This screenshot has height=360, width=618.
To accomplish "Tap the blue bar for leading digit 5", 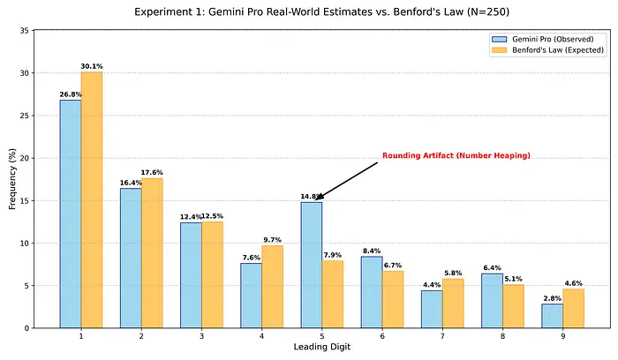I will (x=312, y=265).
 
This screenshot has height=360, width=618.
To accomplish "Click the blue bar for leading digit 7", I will (x=432, y=309).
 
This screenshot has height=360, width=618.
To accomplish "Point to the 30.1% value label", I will (x=92, y=66).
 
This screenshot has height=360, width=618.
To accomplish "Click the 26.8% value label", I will (x=71, y=94).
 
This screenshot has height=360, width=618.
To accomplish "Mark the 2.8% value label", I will (x=552, y=298).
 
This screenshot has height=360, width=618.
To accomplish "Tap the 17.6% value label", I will (x=152, y=173).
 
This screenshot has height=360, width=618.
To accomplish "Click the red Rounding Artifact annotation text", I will (x=456, y=156).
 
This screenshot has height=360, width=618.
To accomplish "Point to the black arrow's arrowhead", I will (x=318, y=199).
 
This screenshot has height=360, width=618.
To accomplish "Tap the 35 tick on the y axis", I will (x=35, y=31).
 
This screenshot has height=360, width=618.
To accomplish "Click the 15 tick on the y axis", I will (x=35, y=200).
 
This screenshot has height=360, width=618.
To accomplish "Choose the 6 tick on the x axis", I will (x=382, y=335).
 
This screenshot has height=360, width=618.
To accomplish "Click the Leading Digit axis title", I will (x=322, y=348).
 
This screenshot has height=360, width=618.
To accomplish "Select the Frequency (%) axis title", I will (x=13, y=179).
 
